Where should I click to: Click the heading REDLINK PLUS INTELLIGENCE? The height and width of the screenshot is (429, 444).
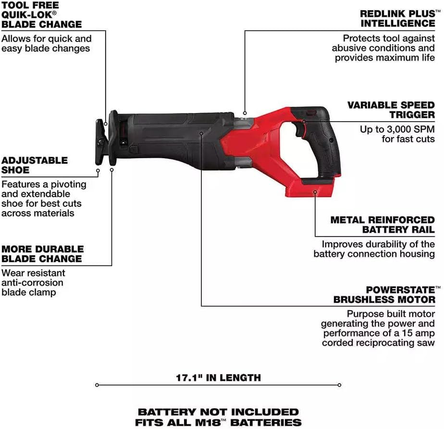click(x=397, y=18)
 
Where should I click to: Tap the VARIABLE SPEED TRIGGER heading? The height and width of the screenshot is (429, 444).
click(x=391, y=110)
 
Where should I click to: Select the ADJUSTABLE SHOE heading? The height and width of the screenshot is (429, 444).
click(x=34, y=165)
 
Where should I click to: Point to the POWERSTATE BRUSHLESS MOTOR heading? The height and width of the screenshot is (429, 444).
click(x=384, y=295)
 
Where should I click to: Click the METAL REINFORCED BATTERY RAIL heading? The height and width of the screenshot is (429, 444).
click(x=382, y=225)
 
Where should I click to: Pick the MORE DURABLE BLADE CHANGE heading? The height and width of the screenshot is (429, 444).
click(x=42, y=254)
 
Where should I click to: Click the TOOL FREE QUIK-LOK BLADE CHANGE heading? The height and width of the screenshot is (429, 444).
click(x=41, y=14)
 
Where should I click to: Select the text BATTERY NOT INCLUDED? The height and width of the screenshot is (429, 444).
click(x=218, y=412)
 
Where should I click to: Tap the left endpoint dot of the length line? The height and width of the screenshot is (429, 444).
click(x=97, y=385)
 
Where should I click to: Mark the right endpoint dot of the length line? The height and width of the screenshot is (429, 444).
click(x=340, y=385)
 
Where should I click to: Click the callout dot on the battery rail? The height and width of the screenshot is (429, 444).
click(x=315, y=192)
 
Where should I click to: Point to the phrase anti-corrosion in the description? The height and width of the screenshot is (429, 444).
click(x=32, y=283)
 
